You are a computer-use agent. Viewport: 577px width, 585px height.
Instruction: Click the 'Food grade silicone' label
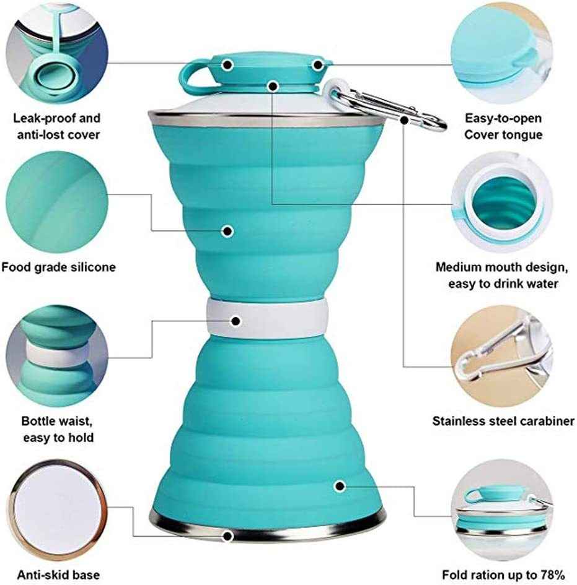tap(58, 267)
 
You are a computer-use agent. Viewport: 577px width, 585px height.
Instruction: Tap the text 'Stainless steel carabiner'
tap(503, 422)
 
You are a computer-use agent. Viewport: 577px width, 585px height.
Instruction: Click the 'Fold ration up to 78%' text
tap(503, 574)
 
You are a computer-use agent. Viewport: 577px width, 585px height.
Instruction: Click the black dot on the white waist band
tap(236, 321)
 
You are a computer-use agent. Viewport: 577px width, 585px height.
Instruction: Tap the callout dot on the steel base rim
tap(227, 536)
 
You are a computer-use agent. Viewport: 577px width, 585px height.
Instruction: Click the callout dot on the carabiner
tap(405, 119)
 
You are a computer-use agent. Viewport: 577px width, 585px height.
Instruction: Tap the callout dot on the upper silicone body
tap(227, 231)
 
